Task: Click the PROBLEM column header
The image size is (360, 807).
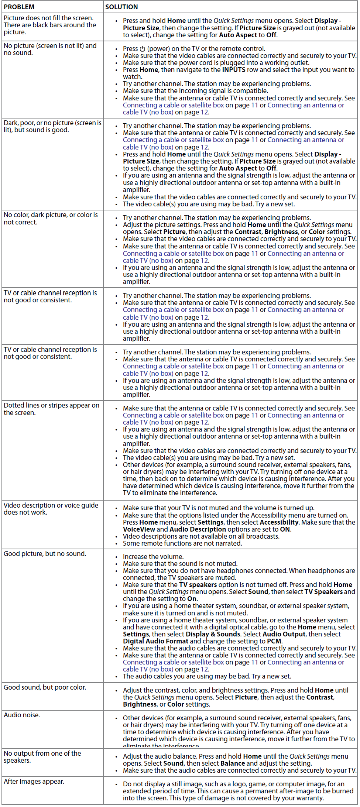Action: (19, 7)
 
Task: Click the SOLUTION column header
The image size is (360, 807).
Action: (121, 7)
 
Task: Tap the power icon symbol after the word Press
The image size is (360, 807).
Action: (143, 49)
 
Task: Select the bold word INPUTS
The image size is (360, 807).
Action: (234, 70)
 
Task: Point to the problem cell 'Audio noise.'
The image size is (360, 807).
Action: (22, 715)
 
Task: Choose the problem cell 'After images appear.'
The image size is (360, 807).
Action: (34, 782)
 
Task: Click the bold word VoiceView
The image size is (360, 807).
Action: (139, 529)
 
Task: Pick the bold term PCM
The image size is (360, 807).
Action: (274, 641)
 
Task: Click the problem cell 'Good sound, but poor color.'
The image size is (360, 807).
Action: (45, 687)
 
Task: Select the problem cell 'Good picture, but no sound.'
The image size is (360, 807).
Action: (45, 554)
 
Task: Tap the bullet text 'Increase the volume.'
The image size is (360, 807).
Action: (153, 557)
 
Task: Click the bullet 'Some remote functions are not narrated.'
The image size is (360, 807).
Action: (182, 543)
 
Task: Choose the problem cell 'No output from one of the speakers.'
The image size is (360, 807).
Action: (42, 757)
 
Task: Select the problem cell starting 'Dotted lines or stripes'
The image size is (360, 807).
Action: (51, 409)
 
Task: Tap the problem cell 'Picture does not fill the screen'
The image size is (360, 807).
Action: (49, 25)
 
